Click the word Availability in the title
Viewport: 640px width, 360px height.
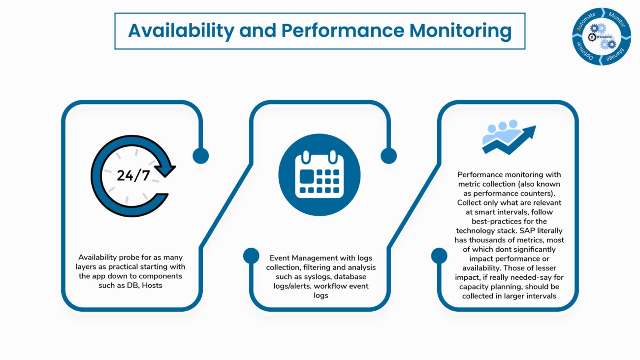tap(181, 31)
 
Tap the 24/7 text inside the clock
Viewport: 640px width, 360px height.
tap(133, 176)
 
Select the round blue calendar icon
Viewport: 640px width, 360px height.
tap(320, 175)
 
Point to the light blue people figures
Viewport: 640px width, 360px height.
tap(501, 131)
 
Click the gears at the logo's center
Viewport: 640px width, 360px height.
tap(602, 36)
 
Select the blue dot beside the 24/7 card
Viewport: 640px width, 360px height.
tap(200, 156)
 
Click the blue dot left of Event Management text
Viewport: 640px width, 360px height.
tap(251, 256)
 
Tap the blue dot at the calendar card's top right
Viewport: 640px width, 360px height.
tap(388, 156)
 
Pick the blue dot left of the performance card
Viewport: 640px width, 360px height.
tap(439, 256)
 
